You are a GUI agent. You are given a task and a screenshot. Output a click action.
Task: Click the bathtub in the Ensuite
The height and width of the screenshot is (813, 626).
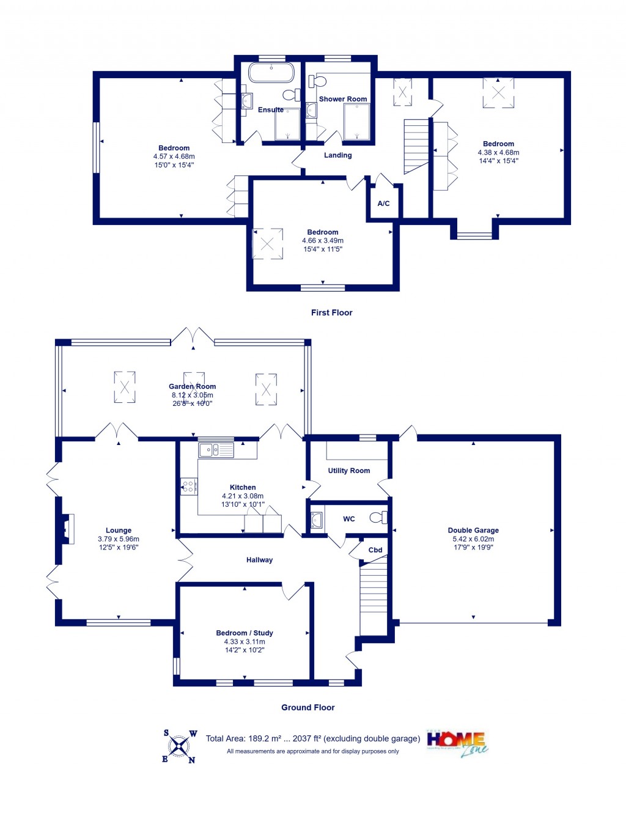point(271,72)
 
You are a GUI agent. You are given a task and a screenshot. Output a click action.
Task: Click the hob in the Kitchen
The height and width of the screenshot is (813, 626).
point(189,487)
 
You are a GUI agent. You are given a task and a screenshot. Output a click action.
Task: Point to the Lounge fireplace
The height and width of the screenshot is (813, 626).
point(67,529)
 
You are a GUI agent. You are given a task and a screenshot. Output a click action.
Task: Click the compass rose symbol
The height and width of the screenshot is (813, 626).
point(179,746)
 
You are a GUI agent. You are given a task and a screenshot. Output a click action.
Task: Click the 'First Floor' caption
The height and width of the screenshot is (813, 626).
point(331,312)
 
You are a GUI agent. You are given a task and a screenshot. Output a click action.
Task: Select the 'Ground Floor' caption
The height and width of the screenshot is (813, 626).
point(307,707)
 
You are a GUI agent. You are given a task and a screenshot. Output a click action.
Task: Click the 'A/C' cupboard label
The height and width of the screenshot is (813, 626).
point(383,204)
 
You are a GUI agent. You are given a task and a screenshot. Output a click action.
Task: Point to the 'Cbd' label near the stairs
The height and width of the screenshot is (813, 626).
point(375,550)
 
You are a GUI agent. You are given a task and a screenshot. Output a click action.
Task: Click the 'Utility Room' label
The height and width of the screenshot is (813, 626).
point(348,471)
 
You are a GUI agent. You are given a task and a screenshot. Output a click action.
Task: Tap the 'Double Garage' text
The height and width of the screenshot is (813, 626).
point(473,531)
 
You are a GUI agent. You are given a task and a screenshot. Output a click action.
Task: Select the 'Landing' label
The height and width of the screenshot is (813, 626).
point(337,155)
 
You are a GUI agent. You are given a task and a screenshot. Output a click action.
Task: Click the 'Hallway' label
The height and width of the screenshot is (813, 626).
point(259,560)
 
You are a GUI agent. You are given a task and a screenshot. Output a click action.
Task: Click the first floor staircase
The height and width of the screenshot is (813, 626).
point(416,145)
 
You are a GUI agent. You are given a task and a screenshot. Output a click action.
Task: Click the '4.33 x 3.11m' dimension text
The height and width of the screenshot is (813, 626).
point(245,642)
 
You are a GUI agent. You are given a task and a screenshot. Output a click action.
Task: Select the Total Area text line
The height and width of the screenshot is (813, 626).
point(313,738)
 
